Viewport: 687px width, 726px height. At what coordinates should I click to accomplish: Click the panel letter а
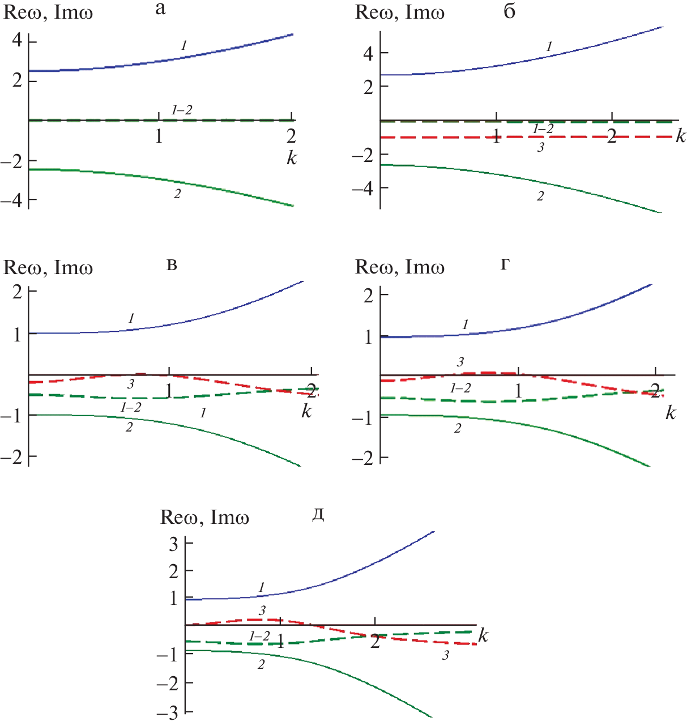click(x=160, y=9)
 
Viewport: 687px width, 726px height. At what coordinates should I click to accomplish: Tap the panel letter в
click(x=172, y=265)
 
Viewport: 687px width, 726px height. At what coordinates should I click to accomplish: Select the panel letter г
click(x=505, y=264)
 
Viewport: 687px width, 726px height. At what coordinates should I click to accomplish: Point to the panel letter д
click(x=318, y=515)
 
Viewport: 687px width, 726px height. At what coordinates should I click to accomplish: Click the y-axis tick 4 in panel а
click(x=16, y=41)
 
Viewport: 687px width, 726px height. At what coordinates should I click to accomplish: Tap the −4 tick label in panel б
click(x=362, y=188)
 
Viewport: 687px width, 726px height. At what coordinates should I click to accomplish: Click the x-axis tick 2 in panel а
click(x=291, y=136)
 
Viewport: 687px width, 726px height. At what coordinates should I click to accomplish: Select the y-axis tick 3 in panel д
click(x=173, y=544)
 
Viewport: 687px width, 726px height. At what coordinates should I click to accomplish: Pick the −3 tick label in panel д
click(x=169, y=713)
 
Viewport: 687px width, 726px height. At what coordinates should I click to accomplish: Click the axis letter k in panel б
click(x=680, y=136)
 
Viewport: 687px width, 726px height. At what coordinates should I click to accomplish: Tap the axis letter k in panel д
click(x=483, y=635)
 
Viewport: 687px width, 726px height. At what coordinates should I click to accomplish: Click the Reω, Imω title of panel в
click(x=48, y=268)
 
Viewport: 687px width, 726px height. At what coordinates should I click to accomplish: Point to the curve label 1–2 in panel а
click(x=181, y=110)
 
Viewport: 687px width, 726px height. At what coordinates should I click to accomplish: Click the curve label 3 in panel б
click(x=541, y=148)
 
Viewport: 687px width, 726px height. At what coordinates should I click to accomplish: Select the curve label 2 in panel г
click(x=458, y=429)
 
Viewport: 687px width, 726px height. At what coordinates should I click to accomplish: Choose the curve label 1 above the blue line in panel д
click(x=261, y=588)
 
